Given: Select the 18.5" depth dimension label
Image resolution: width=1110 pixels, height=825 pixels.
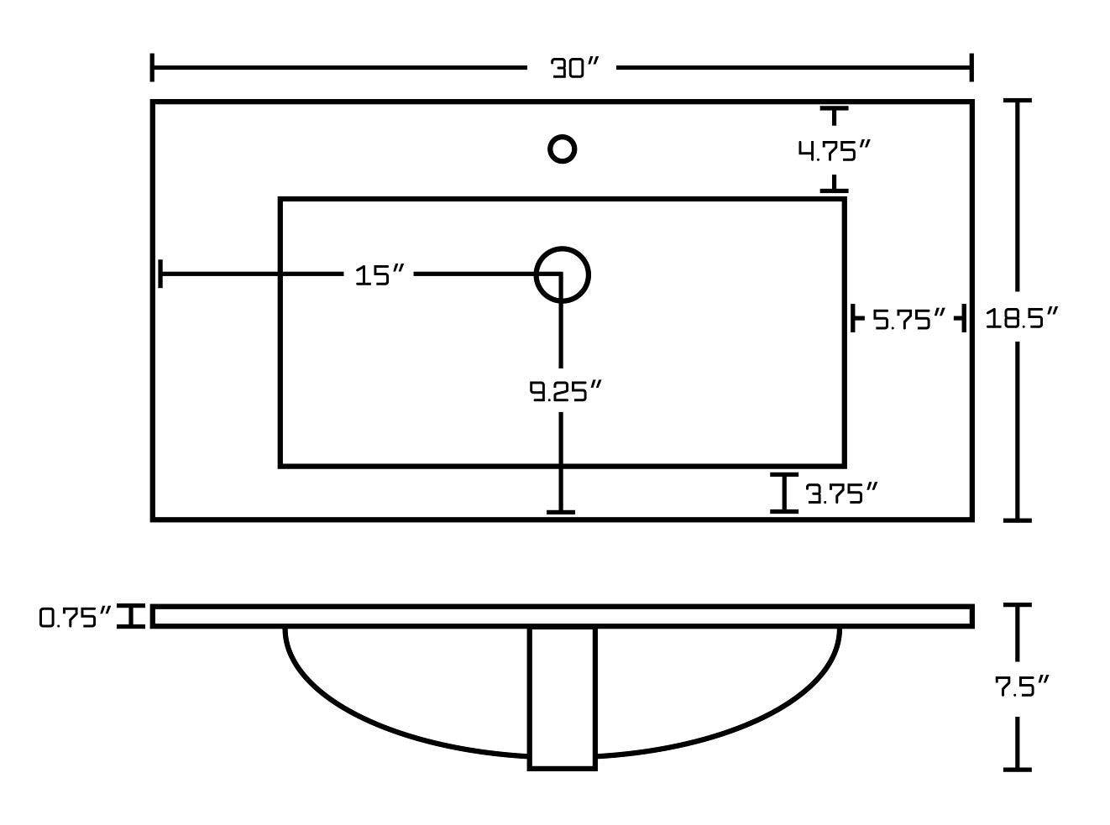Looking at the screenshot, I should (1020, 319).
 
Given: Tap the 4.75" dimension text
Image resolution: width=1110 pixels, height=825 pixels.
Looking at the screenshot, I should (833, 152).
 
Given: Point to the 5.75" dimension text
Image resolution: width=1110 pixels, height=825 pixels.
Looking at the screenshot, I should (909, 320).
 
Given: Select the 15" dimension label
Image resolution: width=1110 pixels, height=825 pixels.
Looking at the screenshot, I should (380, 275).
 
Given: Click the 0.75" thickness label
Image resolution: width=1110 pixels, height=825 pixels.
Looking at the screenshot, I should (75, 619).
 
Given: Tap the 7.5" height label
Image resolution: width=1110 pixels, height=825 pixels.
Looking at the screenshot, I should (1022, 688).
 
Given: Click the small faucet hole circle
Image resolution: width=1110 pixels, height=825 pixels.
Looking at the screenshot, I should (562, 149).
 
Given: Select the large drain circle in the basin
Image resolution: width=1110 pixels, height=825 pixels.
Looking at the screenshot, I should (563, 274).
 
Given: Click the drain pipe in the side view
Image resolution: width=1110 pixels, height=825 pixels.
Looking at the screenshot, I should (563, 697).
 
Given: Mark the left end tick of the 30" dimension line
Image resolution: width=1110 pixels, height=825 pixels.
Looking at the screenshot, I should (152, 68).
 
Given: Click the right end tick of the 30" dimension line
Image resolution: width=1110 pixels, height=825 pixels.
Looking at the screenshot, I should (971, 68).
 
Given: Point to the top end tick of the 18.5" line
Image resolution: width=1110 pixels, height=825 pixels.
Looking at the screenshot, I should (1018, 101).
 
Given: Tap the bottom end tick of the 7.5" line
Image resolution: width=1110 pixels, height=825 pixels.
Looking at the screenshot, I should (1018, 768).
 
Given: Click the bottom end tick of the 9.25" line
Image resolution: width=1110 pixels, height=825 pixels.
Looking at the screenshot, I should (561, 511).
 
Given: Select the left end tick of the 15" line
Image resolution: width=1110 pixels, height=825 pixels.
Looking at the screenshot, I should (160, 274).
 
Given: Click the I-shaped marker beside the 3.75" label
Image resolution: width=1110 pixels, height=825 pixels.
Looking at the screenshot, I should (784, 493).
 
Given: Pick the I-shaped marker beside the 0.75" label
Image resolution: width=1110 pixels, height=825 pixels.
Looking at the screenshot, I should (131, 616).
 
